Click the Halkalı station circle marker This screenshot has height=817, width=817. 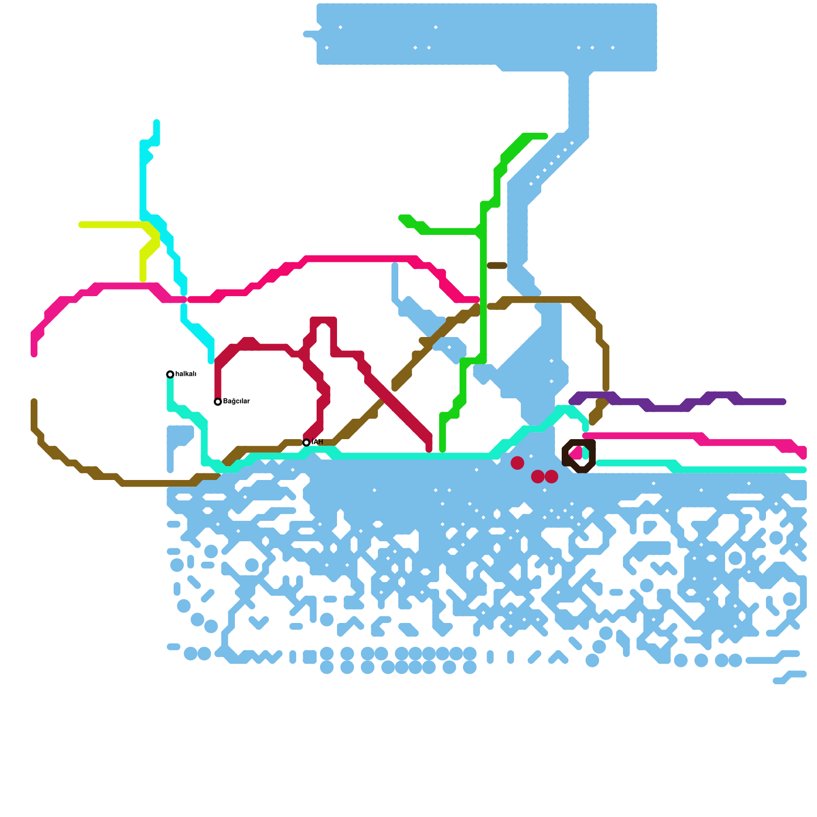170,374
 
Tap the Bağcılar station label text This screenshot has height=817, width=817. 236,401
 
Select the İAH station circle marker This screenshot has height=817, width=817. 306,443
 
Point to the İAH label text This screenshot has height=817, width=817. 317,442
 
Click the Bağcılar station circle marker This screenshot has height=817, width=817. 218,402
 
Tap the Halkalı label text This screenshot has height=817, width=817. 186,374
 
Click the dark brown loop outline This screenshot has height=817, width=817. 592,454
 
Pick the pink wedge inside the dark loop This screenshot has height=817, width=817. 576,453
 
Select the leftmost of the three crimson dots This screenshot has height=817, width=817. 517,463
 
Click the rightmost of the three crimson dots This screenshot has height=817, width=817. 551,476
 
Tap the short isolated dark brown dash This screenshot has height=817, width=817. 497,266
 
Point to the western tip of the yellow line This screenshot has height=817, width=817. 82,225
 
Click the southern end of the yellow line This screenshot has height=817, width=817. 143,279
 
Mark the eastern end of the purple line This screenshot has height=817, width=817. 783,402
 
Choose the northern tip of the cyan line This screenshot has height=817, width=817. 157,123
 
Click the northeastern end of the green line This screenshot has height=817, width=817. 545,136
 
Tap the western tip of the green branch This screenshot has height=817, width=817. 402,218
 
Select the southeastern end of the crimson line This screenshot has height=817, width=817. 429,449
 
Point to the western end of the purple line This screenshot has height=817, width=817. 572,402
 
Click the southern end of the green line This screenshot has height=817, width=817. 443,449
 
